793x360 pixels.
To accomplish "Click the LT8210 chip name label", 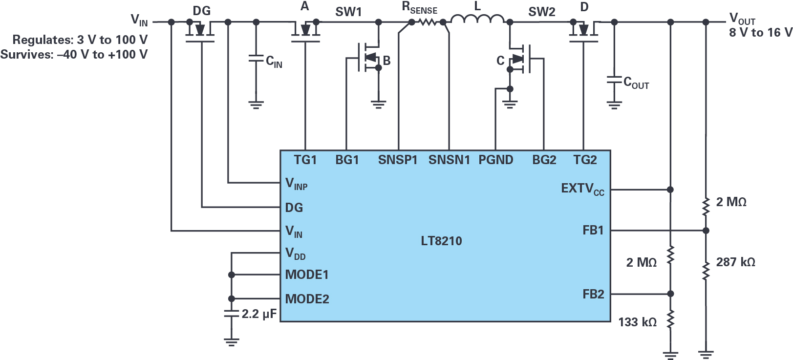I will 441,241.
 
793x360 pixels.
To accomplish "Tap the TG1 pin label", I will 305,160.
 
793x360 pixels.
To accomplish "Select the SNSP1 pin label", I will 398,160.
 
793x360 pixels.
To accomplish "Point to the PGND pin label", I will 496,160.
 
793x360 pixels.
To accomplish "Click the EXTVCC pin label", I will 582,189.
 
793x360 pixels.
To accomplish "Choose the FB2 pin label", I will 593,294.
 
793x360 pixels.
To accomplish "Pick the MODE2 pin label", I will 307,299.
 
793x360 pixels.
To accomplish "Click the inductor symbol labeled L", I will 477,20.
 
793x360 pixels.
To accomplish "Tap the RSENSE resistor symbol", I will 428,22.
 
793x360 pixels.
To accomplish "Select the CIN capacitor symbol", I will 256,59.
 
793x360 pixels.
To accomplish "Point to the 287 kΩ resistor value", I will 735,262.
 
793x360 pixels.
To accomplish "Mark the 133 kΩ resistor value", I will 637,322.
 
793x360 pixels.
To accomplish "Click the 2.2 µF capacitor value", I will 259,314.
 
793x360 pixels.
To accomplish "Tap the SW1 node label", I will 348,12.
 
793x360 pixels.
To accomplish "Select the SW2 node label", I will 541,12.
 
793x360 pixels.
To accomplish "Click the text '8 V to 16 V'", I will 760,33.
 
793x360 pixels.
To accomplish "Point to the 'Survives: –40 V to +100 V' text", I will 74,54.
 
